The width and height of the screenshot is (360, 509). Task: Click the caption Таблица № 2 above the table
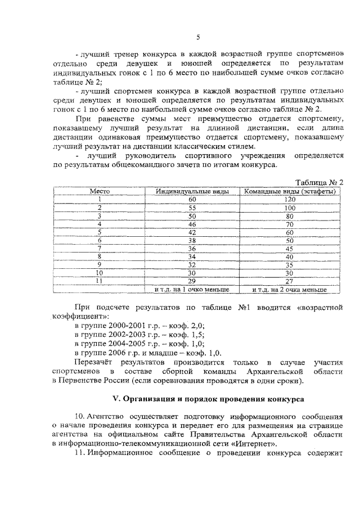tap(319, 182)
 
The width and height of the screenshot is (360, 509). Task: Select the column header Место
tap(100, 191)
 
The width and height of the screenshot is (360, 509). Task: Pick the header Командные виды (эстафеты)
tap(290, 191)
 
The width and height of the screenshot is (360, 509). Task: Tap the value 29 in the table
tap(192, 281)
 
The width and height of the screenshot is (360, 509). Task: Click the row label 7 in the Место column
tap(100, 248)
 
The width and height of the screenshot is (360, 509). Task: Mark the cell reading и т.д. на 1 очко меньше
tap(192, 289)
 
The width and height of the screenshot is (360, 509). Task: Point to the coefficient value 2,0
tap(196, 326)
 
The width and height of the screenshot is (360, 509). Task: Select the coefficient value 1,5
tap(196, 334)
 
